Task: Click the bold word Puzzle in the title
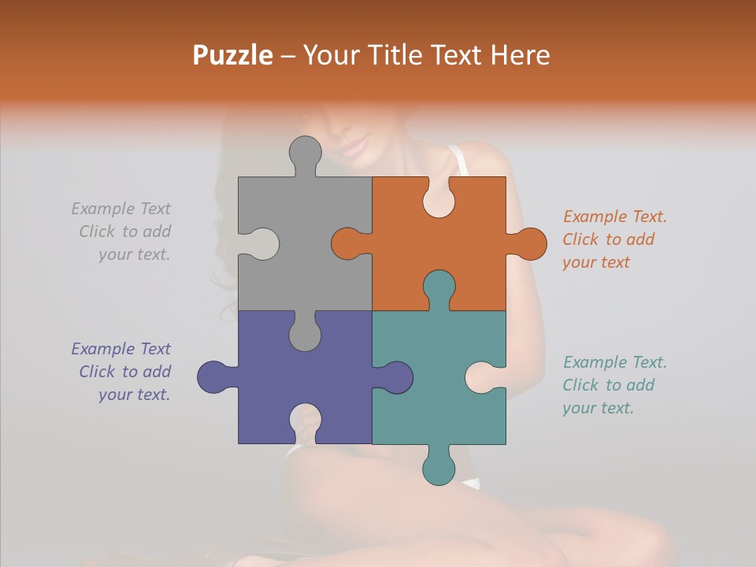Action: click(x=232, y=55)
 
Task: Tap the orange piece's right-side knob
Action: click(x=530, y=244)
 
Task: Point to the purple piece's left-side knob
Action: click(x=213, y=377)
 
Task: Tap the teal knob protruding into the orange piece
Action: click(x=439, y=287)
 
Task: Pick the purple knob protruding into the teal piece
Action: click(x=396, y=377)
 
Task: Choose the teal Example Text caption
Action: click(x=613, y=385)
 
